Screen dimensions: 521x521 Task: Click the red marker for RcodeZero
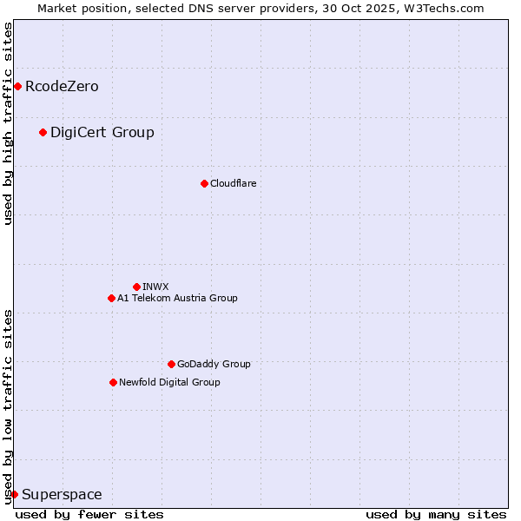point(17,86)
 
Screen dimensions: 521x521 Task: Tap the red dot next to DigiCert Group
point(43,132)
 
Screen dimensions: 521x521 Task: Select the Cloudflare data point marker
point(204,183)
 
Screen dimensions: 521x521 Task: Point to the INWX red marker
point(136,287)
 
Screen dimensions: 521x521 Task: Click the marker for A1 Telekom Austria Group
point(111,298)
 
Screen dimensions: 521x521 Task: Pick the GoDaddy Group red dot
point(171,364)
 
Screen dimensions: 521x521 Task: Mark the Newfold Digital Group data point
point(113,382)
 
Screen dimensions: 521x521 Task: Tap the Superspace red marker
point(14,494)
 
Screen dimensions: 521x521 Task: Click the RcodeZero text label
point(62,86)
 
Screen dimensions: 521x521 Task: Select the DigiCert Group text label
point(102,132)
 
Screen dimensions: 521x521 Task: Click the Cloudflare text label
point(233,183)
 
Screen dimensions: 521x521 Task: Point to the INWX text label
point(155,287)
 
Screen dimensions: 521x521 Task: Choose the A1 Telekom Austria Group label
point(177,298)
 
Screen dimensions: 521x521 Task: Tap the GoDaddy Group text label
point(214,364)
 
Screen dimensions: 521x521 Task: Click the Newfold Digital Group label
point(169,382)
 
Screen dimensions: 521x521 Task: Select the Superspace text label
point(62,494)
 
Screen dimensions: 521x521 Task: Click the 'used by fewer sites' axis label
point(89,514)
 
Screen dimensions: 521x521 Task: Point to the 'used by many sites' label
point(436,514)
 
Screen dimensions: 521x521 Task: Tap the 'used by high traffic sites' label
point(8,123)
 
